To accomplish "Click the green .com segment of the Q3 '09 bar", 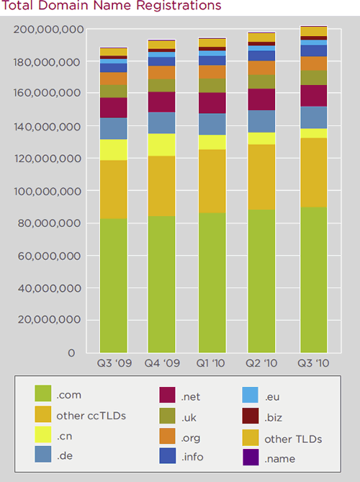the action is point(114,285).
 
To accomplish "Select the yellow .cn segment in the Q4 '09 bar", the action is point(161,145).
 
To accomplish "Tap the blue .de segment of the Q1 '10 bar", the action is point(212,124).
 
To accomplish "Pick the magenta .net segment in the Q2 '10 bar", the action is point(261,99).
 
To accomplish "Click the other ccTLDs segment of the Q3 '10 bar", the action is point(314,173).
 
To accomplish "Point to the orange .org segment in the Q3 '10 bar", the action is point(314,63).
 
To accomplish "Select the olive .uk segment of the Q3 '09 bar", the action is point(114,92).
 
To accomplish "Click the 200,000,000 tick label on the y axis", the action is point(48,30).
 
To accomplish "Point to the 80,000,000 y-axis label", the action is point(49,223).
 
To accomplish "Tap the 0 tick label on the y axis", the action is point(71,353).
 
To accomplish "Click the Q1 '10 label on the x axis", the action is point(211,363).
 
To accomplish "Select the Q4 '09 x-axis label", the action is point(162,363).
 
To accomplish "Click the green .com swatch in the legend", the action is point(43,393).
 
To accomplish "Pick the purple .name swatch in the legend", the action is point(251,457).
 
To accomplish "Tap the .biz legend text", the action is point(274,418).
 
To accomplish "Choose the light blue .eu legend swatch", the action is point(251,395).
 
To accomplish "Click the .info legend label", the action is point(192,457).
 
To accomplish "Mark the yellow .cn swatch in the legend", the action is point(43,434).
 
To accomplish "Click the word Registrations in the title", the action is point(179,6).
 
